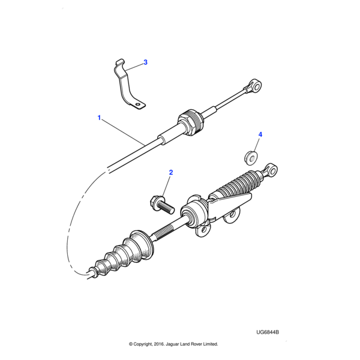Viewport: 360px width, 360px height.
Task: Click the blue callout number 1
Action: point(99,118)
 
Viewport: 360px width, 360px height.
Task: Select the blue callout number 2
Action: point(171,172)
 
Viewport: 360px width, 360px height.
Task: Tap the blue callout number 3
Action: point(145,62)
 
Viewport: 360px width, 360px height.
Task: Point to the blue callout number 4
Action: point(260,134)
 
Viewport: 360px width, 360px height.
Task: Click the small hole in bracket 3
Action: point(137,105)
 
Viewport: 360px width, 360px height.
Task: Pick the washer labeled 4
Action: point(250,158)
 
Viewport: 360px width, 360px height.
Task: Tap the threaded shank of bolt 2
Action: point(167,208)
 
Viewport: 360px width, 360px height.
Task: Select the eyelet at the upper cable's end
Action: point(256,86)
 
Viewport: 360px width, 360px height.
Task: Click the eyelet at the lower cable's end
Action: point(272,170)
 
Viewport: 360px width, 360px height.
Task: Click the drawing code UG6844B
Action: point(268,332)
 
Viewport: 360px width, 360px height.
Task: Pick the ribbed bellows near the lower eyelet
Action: point(239,183)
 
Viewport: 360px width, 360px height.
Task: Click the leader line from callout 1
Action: point(123,132)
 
